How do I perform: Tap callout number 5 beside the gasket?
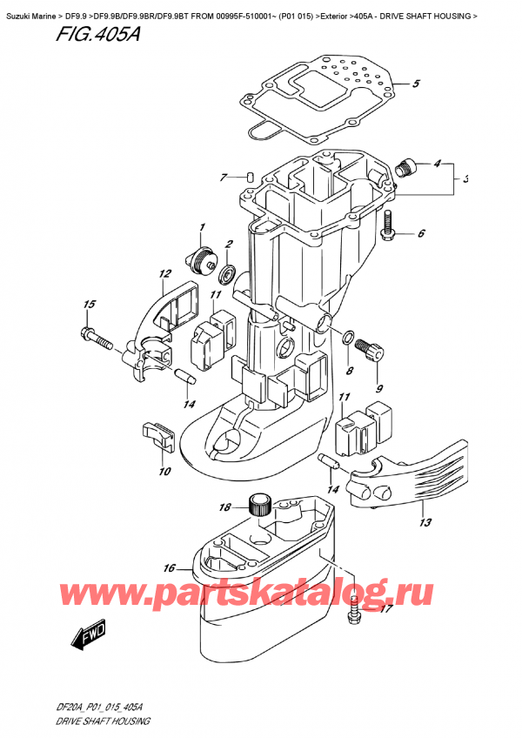point(416,84)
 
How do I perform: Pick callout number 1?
point(201,228)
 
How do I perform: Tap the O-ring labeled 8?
point(347,337)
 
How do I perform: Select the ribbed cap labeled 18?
point(258,503)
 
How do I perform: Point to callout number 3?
point(466,180)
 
